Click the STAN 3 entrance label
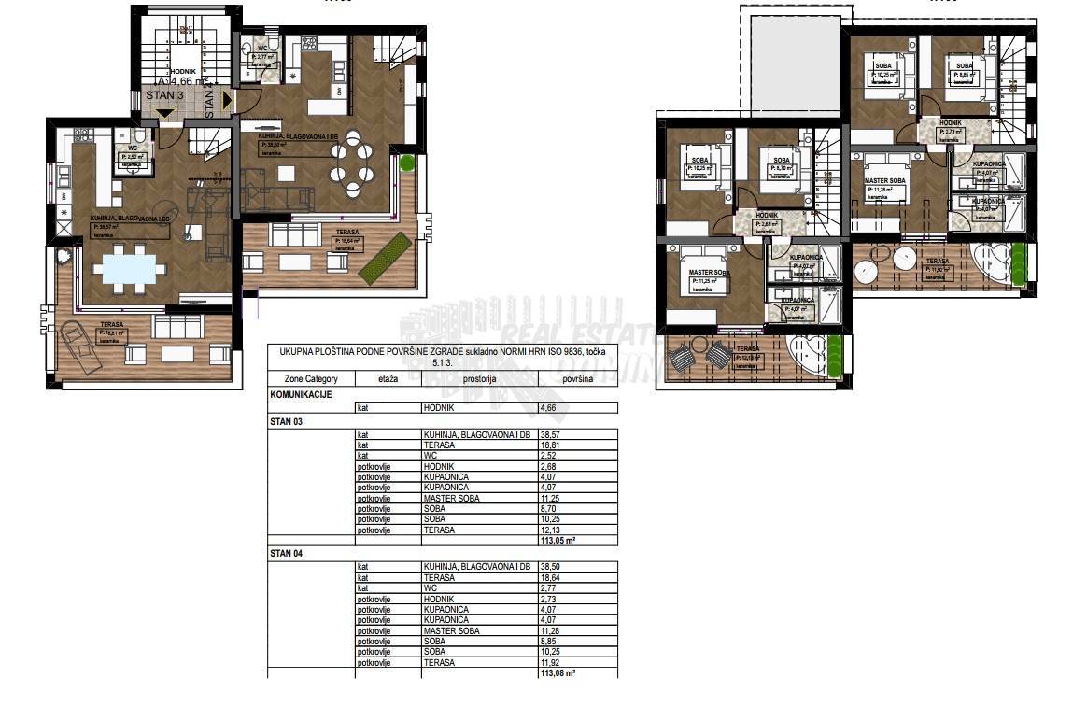165,95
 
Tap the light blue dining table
128,270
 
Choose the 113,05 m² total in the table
558,540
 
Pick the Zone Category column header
312,379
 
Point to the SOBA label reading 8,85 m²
964,70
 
